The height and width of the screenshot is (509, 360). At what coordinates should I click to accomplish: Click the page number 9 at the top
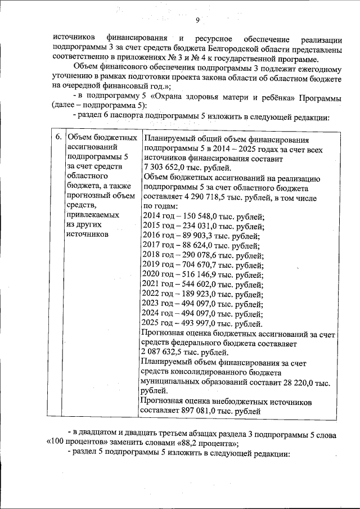pyautogui.click(x=197, y=21)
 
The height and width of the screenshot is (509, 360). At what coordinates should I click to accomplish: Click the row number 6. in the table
pyautogui.click(x=57, y=138)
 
